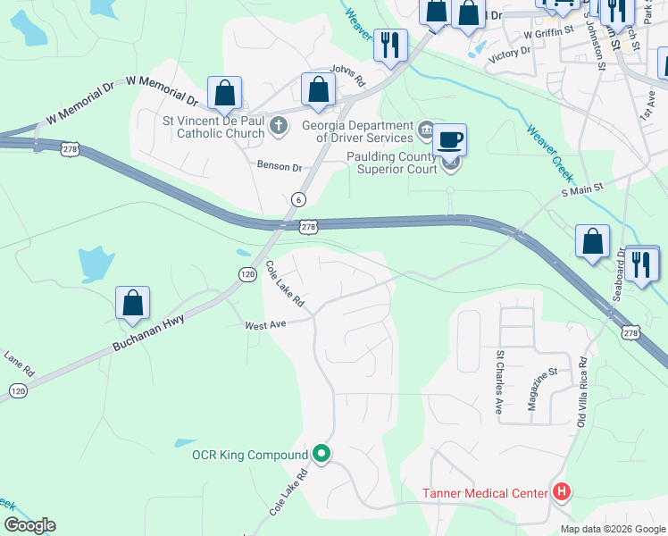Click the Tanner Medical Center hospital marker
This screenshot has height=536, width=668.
pos(562,491)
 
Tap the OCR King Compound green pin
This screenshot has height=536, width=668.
pos(321,455)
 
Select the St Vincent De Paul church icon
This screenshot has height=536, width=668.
pos(279,125)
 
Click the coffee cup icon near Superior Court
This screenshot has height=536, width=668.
pos(450,141)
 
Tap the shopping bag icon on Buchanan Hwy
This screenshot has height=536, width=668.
pos(133,305)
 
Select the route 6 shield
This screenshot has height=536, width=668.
pos(298,199)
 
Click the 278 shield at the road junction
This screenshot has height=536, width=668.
pos(308,228)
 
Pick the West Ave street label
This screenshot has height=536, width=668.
pos(265,325)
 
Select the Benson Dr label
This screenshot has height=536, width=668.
pos(280,167)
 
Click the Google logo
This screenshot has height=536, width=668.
pos(29,525)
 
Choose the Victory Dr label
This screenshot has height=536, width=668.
pos(510,54)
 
